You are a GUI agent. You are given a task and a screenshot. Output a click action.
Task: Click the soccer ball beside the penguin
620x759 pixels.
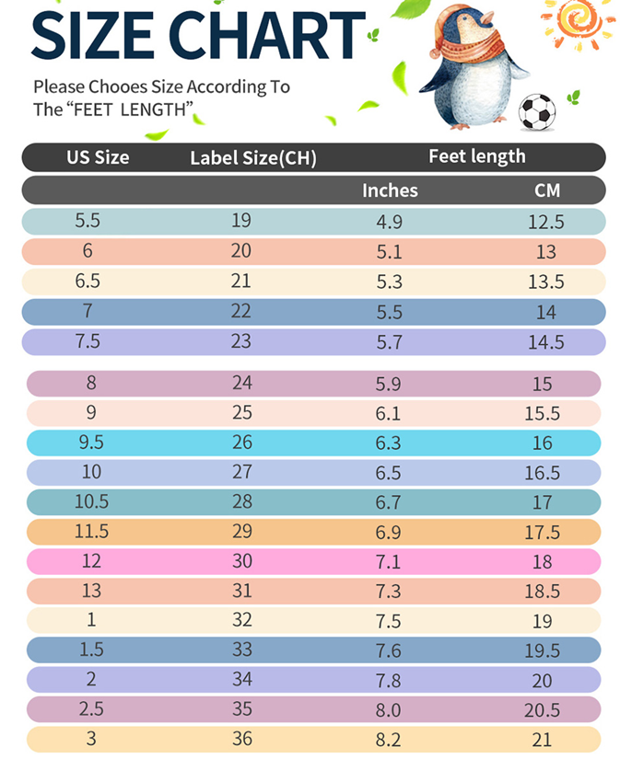pos(538,112)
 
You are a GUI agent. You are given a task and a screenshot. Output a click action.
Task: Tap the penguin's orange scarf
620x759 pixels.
pos(473,47)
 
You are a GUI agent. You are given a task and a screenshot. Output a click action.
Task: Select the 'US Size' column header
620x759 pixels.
pos(98,156)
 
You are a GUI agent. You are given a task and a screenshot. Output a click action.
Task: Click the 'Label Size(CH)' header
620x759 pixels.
pos(252,157)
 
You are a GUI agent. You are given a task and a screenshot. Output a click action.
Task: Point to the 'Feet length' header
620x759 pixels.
pos(476,156)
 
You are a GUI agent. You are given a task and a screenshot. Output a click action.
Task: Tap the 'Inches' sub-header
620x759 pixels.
pos(390,190)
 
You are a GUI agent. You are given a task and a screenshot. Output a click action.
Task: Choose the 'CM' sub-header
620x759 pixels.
pos(547,190)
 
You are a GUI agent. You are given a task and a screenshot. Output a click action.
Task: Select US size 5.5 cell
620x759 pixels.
pos(89,221)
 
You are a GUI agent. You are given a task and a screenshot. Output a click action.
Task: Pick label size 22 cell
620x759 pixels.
pos(241,311)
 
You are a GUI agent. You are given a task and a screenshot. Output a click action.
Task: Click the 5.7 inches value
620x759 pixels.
pos(390,342)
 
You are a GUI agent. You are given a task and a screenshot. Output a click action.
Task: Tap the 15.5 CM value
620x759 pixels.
pos(543,413)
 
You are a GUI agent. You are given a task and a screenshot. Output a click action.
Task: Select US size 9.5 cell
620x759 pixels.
pos(90,443)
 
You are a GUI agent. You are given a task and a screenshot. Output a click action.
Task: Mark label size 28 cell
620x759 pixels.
pos(242,502)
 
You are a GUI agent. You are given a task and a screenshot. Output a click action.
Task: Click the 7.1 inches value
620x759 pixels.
pos(389,561)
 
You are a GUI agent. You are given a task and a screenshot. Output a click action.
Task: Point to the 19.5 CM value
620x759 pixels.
pos(543,650)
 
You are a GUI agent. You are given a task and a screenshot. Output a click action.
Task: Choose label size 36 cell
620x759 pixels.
pos(242,740)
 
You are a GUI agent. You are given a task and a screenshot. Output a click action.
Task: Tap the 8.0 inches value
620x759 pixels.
pos(389,710)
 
